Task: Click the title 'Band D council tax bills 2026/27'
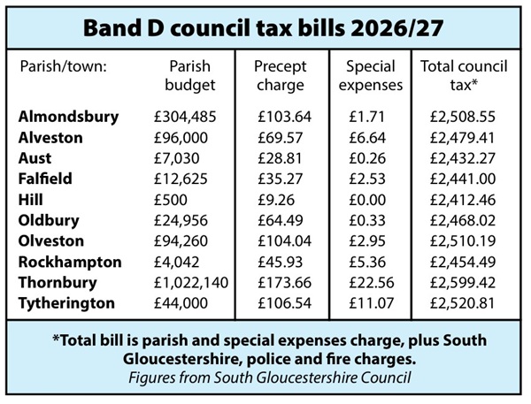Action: coord(264,26)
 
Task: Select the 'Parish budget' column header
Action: coord(189,76)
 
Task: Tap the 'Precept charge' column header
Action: coord(281,76)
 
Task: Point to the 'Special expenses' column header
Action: coord(369,76)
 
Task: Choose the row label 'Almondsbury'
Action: coord(67,117)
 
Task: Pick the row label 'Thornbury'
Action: coord(59,282)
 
